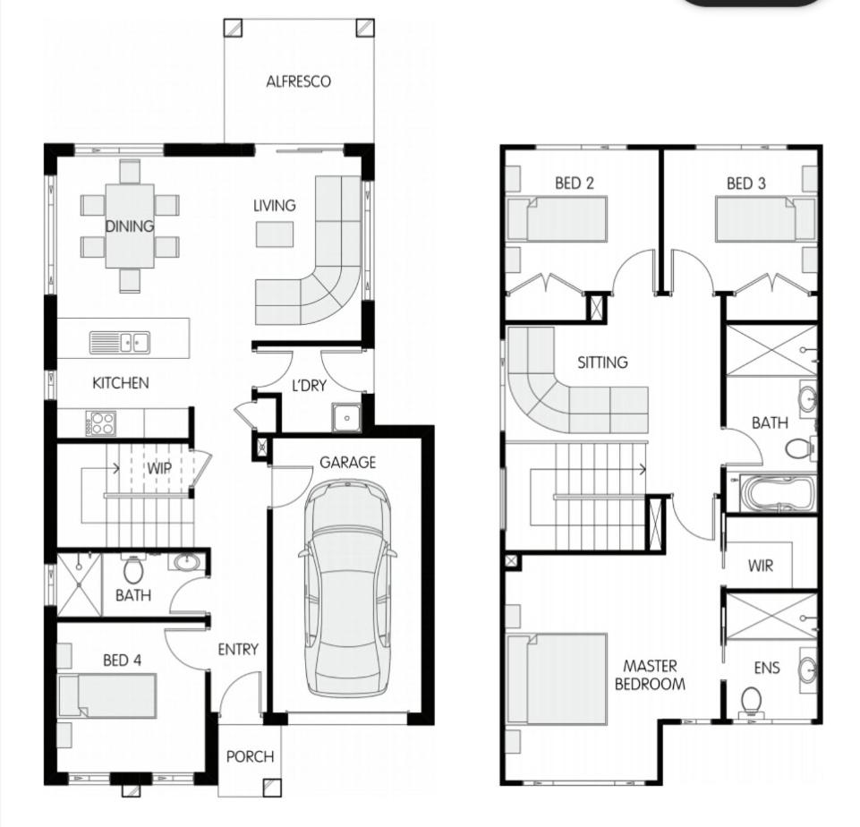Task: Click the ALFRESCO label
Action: coord(298,81)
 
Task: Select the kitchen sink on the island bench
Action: coord(120,343)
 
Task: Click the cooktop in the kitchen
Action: coord(100,422)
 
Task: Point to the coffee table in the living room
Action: coord(274,234)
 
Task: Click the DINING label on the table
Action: coord(130,226)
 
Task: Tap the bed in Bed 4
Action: coord(107,695)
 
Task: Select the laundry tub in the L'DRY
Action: coord(346,418)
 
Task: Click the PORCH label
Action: coord(250,757)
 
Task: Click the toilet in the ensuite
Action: coord(751,702)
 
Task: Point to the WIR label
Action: coord(760,566)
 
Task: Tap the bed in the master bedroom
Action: coord(558,679)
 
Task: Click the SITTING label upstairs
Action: coord(603,362)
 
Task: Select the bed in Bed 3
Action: coord(765,219)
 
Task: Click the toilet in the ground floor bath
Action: coord(132,570)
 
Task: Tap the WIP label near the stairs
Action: coord(159,468)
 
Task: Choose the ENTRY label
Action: coord(238,649)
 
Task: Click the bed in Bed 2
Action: coord(558,219)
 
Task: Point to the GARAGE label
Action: coord(348,463)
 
